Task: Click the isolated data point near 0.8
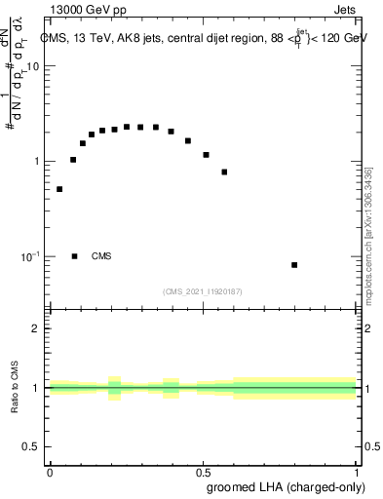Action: (294, 265)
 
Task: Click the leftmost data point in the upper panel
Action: (59, 189)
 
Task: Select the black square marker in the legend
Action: (75, 256)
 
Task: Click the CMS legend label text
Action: (101, 256)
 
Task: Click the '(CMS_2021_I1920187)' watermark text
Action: (203, 291)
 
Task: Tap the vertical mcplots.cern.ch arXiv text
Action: (368, 234)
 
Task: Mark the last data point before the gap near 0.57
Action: (224, 173)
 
